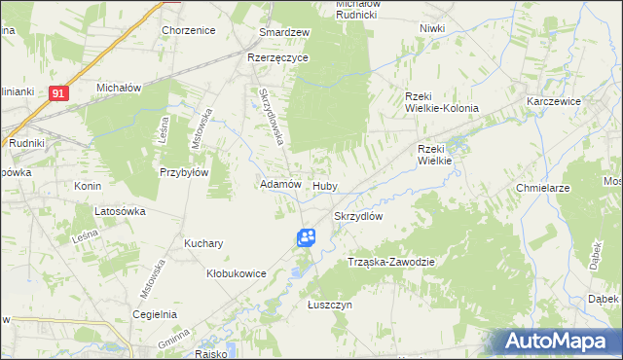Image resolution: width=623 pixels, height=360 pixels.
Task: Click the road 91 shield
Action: (x=59, y=93)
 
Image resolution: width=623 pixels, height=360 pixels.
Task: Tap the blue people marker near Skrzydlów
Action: (x=306, y=237)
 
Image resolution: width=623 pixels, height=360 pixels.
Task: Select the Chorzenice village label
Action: (x=188, y=30)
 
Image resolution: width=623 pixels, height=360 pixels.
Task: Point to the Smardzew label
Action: (x=284, y=32)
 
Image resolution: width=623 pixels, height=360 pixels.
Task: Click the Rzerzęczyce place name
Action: (x=277, y=57)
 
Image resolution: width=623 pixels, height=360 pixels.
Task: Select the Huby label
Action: (x=325, y=185)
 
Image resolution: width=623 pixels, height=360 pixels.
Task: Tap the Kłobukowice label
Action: (x=237, y=274)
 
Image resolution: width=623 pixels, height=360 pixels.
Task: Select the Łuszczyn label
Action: (x=329, y=305)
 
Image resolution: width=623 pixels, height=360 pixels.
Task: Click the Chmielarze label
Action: (x=570, y=187)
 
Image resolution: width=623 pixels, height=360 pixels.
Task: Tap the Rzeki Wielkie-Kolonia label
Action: (x=442, y=101)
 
